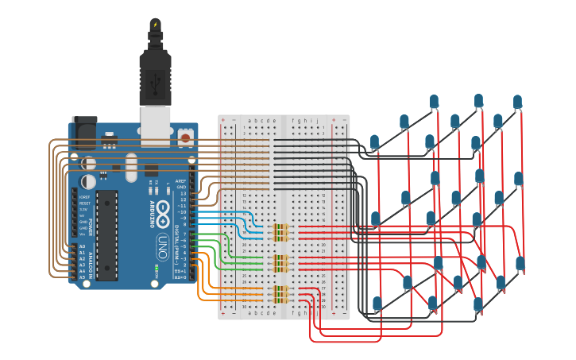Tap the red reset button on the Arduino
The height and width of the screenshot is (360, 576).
click(185, 137)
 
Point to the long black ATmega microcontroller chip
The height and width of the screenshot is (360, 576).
click(107, 234)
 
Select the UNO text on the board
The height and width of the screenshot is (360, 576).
click(161, 242)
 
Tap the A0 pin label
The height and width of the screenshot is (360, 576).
click(82, 246)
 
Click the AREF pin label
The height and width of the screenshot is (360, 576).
click(182, 180)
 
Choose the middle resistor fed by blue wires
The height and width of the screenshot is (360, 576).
click(280, 231)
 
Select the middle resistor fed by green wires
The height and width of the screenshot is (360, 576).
click(280, 262)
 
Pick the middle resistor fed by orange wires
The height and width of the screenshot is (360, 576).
click(280, 294)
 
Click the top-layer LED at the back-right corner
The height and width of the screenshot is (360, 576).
click(517, 101)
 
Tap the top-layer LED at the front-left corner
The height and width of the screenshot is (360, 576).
click(374, 141)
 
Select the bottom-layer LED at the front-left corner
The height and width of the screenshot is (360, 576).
click(377, 303)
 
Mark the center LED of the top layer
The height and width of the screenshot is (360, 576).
click(455, 121)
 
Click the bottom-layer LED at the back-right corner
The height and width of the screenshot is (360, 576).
click(520, 262)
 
